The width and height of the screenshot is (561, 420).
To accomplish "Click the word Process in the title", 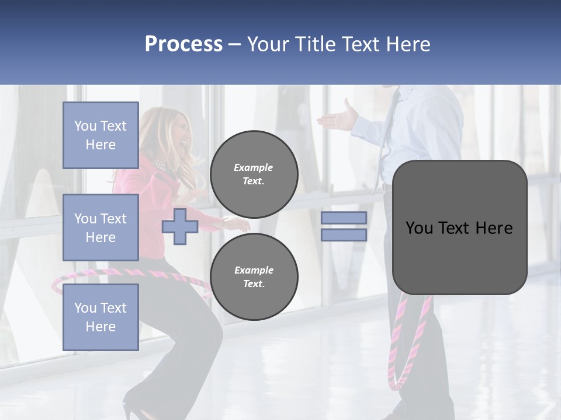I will (183, 44).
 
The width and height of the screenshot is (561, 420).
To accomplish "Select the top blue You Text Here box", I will (101, 135).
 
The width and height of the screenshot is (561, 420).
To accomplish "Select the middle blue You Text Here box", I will (101, 228).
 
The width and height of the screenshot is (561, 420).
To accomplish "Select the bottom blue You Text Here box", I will (101, 317).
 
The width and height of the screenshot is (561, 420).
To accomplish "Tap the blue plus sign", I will (180, 226).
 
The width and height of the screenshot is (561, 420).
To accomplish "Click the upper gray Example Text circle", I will (254, 174).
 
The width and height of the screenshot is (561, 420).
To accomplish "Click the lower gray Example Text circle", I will (254, 276).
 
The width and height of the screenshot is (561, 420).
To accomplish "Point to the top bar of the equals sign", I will (344, 218).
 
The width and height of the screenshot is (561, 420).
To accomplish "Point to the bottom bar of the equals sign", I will (344, 235).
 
